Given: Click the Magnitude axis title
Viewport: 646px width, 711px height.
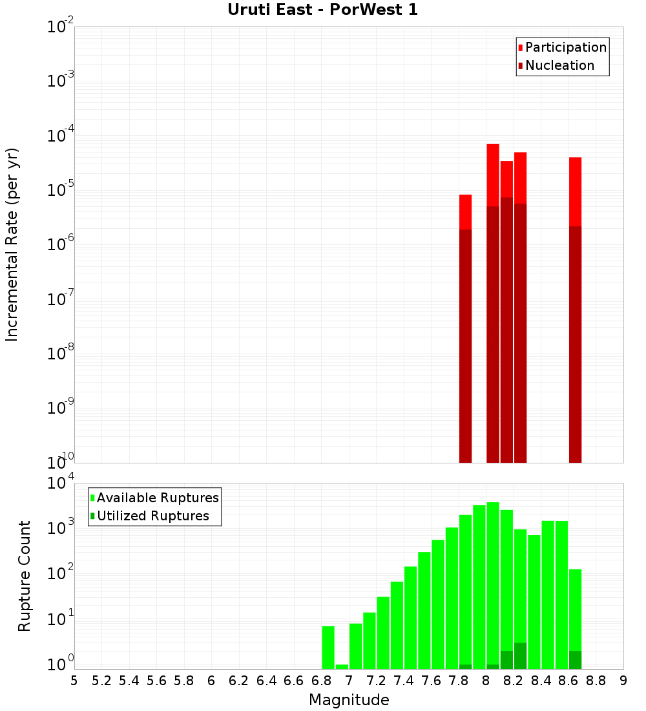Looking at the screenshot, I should (349, 700).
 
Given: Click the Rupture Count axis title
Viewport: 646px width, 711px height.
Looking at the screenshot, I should (25, 576).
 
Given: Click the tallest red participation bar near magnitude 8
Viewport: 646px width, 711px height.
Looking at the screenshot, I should (493, 175).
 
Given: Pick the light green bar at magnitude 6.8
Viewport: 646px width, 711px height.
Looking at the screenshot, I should (328, 647).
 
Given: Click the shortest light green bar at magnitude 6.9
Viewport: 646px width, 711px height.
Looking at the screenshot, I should (342, 666).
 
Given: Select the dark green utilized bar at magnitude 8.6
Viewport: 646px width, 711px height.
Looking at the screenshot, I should (575, 660).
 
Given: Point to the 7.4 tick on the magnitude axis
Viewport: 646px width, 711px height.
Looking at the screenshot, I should (404, 680).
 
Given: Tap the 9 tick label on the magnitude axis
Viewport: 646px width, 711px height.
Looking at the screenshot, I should (623, 680).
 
